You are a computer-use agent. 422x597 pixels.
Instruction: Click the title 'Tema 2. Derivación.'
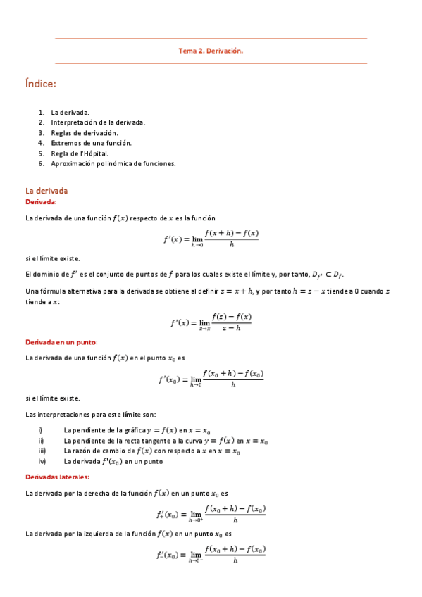[x=211, y=51]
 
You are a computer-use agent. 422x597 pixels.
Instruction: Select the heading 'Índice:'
[x=40, y=84]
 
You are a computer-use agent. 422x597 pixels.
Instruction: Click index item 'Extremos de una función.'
[x=91, y=143]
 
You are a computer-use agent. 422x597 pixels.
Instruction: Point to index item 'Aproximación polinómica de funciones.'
[x=113, y=163]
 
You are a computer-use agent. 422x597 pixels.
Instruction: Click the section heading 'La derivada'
[x=46, y=191]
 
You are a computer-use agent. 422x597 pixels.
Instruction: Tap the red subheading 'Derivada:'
[x=41, y=202]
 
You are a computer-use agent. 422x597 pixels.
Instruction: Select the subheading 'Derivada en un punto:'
[x=61, y=342]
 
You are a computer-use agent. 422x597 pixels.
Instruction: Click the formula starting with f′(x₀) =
[x=211, y=379]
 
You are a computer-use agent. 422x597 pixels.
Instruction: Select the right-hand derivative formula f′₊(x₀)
[x=211, y=514]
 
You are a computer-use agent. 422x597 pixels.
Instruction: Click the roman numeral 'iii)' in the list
[x=42, y=451]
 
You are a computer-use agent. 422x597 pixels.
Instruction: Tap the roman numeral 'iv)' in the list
[x=42, y=462]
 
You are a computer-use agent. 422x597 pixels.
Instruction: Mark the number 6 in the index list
[x=42, y=163]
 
